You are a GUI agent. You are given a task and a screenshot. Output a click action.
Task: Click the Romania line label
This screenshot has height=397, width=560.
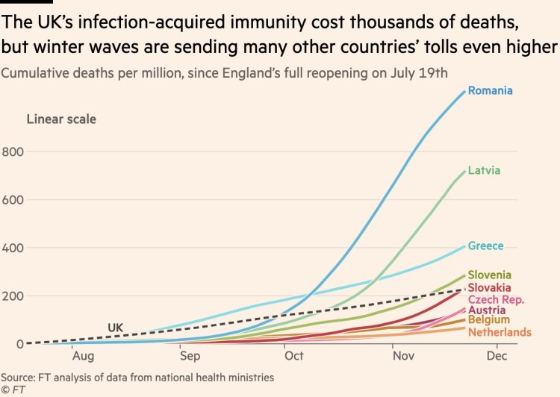pyautogui.click(x=490, y=91)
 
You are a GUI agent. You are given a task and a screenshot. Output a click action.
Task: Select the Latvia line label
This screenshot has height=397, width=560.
pyautogui.click(x=485, y=171)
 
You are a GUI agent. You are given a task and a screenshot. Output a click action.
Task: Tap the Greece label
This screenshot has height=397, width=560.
pyautogui.click(x=485, y=246)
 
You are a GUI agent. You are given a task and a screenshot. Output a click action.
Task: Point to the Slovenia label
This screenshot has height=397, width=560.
pyautogui.click(x=489, y=275)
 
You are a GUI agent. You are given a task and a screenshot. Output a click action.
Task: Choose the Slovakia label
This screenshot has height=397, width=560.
pyautogui.click(x=489, y=287)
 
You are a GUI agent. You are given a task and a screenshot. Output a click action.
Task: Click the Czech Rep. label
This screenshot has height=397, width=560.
pyautogui.click(x=496, y=299)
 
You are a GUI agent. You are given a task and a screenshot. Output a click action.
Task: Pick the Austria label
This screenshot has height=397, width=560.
pyautogui.click(x=486, y=310)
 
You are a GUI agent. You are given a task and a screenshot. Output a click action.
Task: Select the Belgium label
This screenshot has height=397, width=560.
pyautogui.click(x=488, y=320)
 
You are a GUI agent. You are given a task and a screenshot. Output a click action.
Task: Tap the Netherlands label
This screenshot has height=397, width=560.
pyautogui.click(x=500, y=331)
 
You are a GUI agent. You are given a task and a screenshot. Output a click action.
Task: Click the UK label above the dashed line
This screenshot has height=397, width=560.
pyautogui.click(x=115, y=327)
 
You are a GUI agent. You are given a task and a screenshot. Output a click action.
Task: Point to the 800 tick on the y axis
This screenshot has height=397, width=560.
pyautogui.click(x=13, y=151)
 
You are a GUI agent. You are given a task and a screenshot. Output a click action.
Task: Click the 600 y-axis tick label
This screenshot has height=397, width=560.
pyautogui.click(x=13, y=199)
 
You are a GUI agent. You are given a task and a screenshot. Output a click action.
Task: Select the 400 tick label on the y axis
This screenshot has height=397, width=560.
pyautogui.click(x=13, y=248)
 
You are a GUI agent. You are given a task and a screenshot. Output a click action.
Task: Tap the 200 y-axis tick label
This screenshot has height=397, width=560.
pyautogui.click(x=13, y=296)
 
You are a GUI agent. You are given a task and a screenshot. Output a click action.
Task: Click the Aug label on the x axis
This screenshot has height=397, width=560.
pyautogui.click(x=82, y=356)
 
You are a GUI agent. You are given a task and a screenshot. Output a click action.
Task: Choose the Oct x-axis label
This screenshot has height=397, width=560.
pyautogui.click(x=294, y=356)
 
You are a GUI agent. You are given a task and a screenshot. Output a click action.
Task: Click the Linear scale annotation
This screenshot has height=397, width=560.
pyautogui.click(x=61, y=119)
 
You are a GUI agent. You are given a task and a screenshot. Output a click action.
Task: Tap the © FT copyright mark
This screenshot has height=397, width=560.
pyautogui.click(x=10, y=390)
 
